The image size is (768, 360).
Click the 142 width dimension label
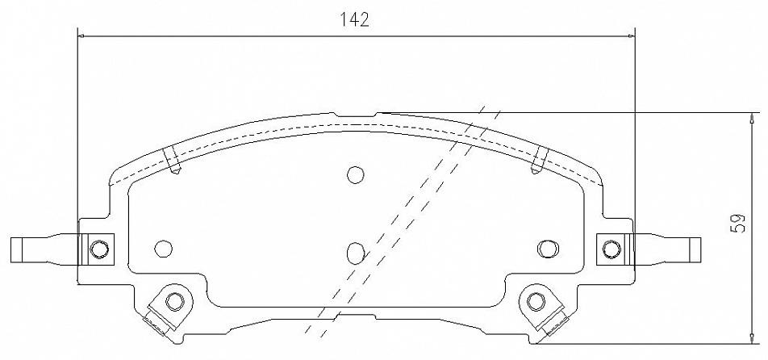click(355, 19)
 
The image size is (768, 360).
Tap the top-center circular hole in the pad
click(355, 175)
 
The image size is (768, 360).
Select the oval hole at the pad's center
click(355, 253)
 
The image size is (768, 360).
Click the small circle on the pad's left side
click(163, 249)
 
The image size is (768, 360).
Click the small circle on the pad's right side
click(548, 249)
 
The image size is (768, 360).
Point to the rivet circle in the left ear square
click(99, 249)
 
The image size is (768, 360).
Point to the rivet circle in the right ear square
click(611, 249)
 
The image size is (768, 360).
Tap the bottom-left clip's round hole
click(174, 301)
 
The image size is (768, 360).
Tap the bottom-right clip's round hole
click(536, 301)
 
